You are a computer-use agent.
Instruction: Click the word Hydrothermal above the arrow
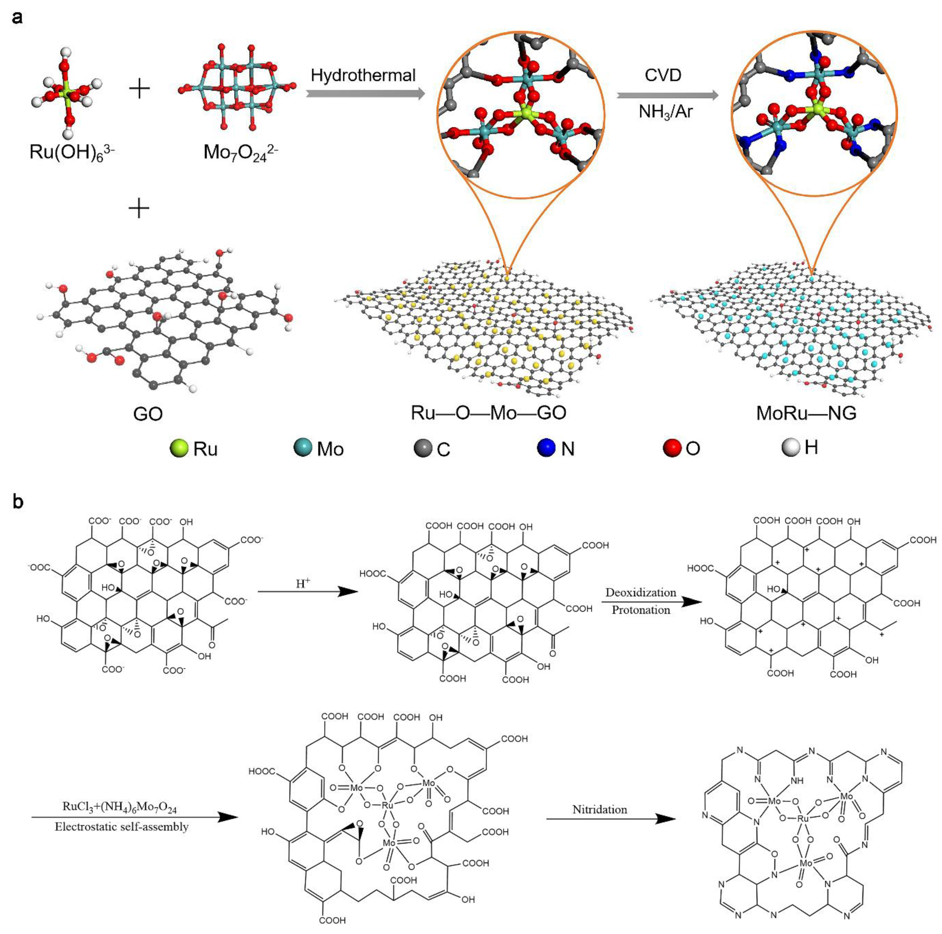coord(363,75)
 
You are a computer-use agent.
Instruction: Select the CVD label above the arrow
coord(663,75)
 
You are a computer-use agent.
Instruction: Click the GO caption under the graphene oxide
coord(148,414)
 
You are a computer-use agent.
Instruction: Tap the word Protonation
coord(641,610)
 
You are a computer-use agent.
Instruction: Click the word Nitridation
coord(600,810)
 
